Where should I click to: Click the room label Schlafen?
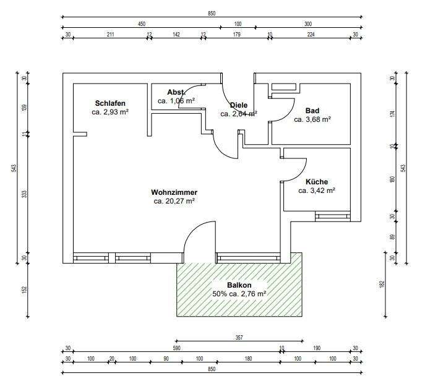pyautogui.click(x=110, y=103)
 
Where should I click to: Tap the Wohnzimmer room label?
pyautogui.click(x=174, y=192)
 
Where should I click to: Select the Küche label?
pyautogui.click(x=317, y=182)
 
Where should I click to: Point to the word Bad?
pyautogui.click(x=312, y=111)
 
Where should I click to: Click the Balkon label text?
pyautogui.click(x=239, y=285)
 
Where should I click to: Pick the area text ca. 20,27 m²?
pyautogui.click(x=174, y=201)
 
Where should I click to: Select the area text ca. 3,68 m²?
pyautogui.click(x=312, y=119)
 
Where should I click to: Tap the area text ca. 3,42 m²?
pyautogui.click(x=317, y=191)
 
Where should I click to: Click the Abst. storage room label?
pyautogui.click(x=176, y=92)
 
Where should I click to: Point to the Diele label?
pyautogui.click(x=239, y=105)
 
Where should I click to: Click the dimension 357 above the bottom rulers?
pyautogui.click(x=239, y=338)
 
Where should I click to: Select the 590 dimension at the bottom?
pyautogui.click(x=176, y=348)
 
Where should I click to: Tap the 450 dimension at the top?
pyautogui.click(x=142, y=24)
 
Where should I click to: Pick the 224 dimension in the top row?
pyautogui.click(x=311, y=35)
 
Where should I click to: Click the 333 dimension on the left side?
pyautogui.click(x=24, y=194)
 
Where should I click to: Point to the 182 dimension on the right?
pyautogui.click(x=382, y=284)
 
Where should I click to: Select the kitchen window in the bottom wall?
pyautogui.click(x=333, y=217)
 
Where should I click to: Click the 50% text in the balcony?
pyautogui.click(x=219, y=294)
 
